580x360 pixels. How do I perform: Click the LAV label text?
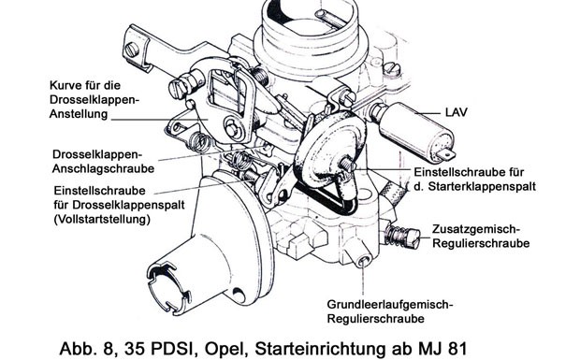[x=457, y=112]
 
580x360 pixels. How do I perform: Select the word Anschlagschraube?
[x=103, y=168]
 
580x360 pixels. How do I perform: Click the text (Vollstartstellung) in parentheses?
[x=102, y=219]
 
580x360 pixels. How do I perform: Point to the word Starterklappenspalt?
[x=482, y=186]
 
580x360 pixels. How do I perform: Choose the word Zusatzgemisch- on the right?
[x=476, y=229]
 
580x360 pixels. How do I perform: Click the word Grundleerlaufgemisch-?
[x=390, y=305]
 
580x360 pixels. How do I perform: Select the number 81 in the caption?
[x=457, y=349]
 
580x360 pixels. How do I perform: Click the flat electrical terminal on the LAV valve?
[x=446, y=154]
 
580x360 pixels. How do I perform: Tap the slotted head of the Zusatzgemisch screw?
[x=413, y=238]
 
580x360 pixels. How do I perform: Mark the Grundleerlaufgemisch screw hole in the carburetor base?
[x=363, y=261]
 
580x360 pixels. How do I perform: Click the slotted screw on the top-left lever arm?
[x=132, y=50]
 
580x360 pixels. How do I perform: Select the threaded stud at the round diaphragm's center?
[x=347, y=164]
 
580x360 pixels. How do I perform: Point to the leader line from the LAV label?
[x=428, y=112]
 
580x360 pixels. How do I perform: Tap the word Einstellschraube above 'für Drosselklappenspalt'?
[x=99, y=191]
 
